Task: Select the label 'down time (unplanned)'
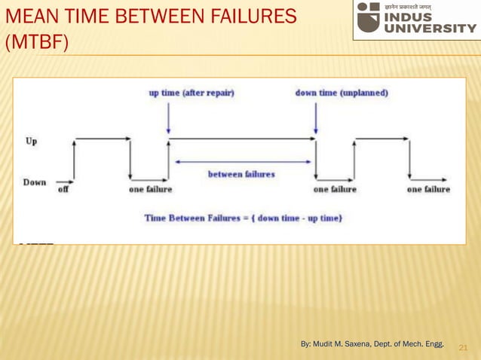(342, 93)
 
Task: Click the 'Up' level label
(32, 141)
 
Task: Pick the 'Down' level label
(35, 182)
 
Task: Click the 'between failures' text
(241, 173)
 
